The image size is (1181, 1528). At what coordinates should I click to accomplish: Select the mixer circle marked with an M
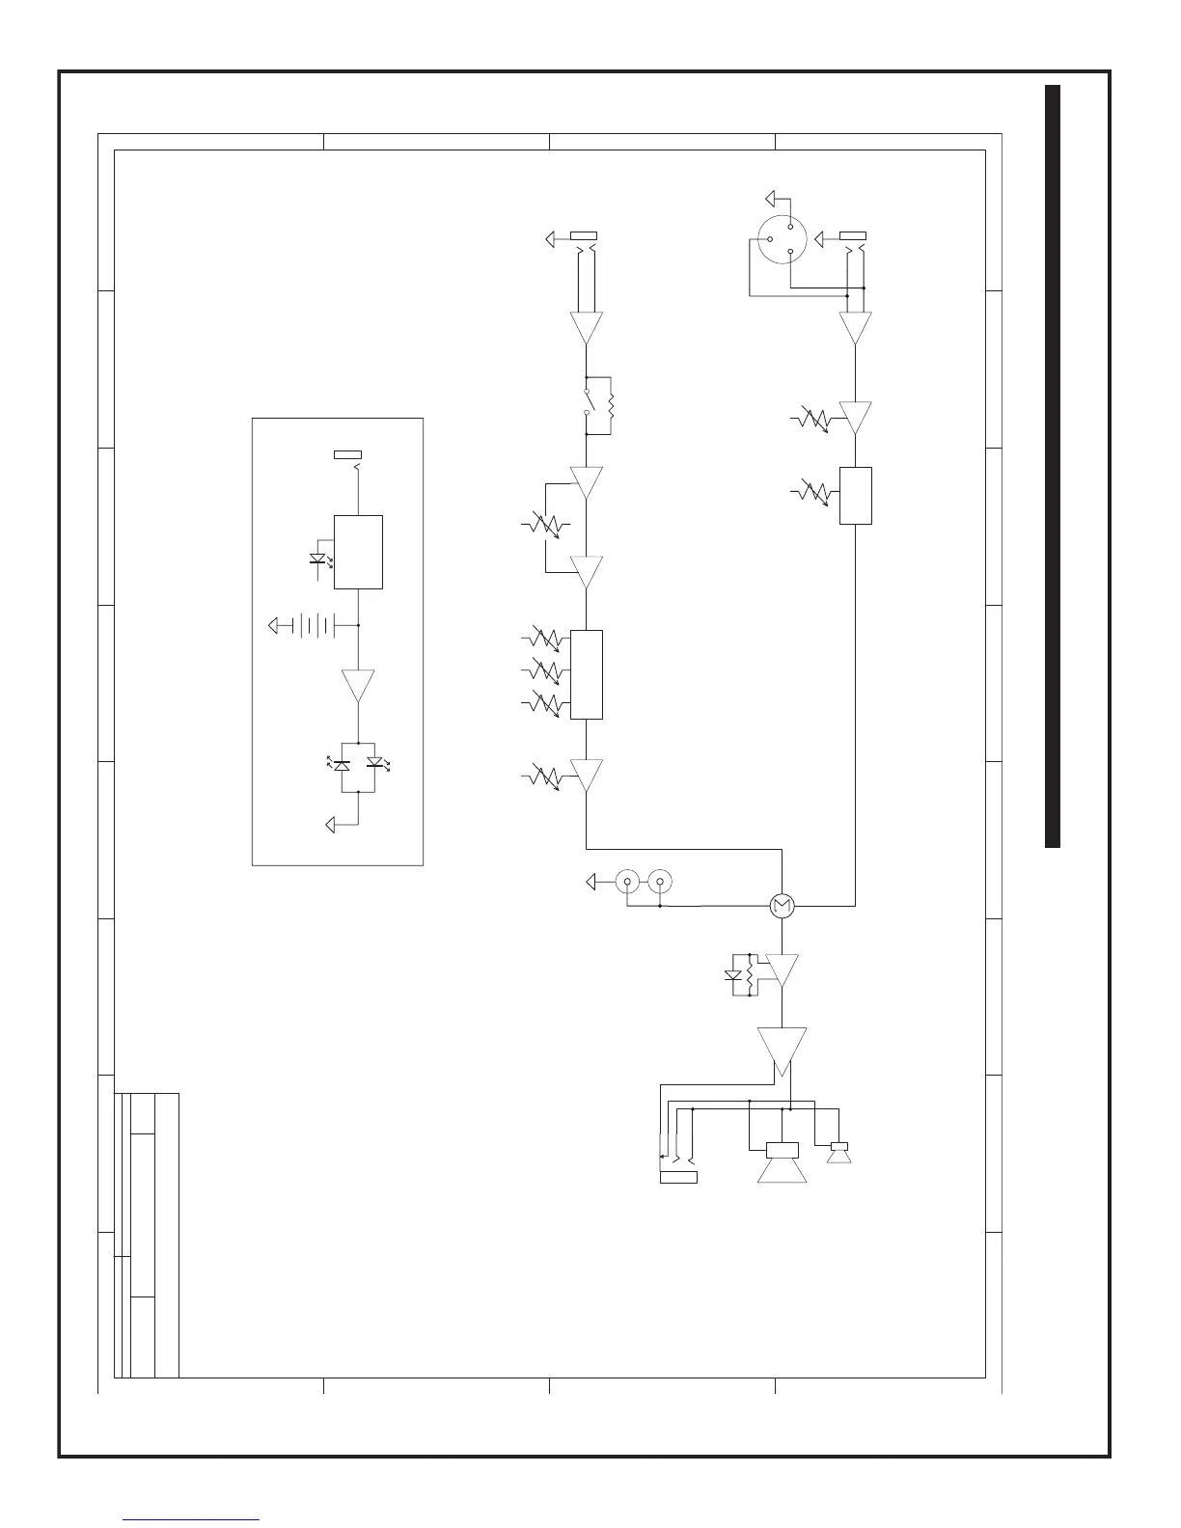point(782,906)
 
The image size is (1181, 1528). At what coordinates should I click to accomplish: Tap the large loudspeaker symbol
point(782,1163)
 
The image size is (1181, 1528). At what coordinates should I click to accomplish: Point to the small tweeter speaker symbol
point(838,1152)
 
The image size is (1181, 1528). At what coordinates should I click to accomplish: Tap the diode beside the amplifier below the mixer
point(732,975)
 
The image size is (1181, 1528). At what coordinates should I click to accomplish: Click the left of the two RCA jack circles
point(627,881)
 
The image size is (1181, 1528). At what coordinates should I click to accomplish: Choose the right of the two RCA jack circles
point(660,881)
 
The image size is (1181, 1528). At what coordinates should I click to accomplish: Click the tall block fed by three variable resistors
point(587,674)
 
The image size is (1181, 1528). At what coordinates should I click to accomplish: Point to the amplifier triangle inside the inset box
point(358,685)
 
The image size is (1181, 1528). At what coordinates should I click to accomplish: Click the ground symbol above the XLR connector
point(771,200)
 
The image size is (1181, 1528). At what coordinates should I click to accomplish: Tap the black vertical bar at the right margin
point(1053,467)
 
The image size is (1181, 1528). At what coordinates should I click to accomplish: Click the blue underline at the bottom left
point(192,1519)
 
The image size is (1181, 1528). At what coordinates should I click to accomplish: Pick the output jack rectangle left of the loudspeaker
point(678,1177)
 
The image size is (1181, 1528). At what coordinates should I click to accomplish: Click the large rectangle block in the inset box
point(358,552)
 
